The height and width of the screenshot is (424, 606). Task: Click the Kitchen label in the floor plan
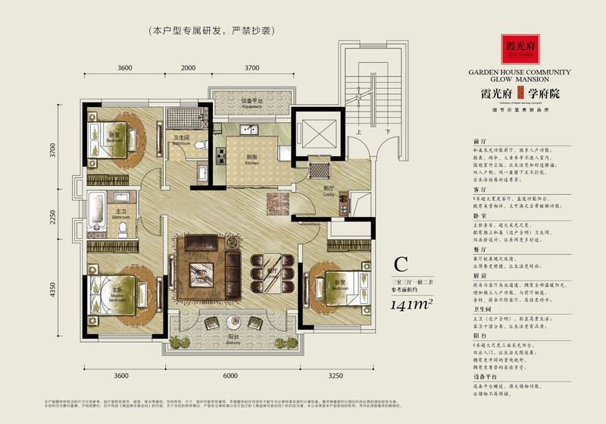click(251, 160)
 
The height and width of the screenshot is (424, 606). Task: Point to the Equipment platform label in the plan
click(252, 103)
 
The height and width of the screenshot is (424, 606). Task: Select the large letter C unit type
click(401, 265)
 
